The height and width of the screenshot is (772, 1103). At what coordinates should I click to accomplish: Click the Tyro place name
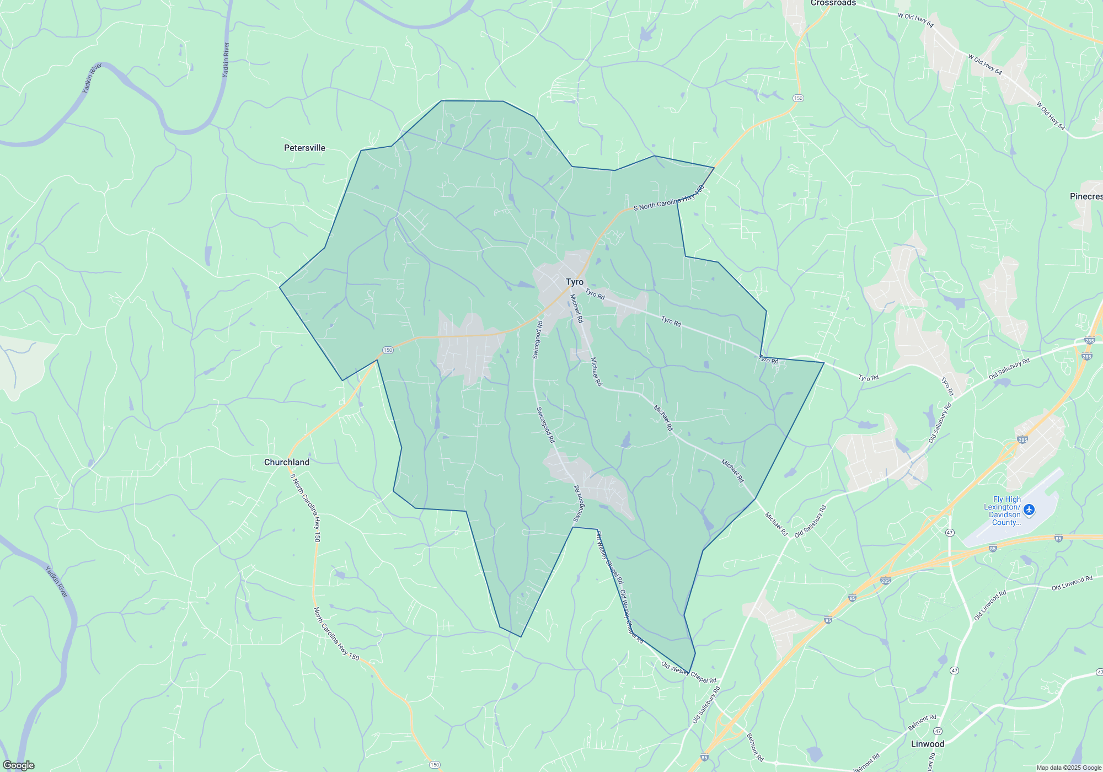[574, 282]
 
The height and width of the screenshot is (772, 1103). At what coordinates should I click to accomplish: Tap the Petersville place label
[304, 148]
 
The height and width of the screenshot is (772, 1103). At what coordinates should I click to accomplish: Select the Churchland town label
[286, 462]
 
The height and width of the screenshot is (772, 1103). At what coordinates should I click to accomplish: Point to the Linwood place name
[927, 744]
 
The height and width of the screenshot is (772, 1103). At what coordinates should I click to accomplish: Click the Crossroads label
[833, 3]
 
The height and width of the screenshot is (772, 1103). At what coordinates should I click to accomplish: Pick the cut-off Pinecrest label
[1086, 196]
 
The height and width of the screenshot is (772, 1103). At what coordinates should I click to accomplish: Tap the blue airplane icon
[1029, 509]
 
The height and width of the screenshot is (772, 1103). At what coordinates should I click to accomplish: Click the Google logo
[19, 765]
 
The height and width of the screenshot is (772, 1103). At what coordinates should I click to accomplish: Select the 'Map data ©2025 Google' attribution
[1069, 768]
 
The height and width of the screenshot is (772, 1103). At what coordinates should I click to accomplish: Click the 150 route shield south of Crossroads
[798, 98]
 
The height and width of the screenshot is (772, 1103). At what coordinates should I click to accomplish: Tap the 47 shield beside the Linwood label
[938, 731]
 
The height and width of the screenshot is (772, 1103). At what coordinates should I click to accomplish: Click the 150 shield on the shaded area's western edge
[388, 350]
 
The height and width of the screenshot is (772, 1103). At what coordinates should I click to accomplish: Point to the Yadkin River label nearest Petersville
[225, 60]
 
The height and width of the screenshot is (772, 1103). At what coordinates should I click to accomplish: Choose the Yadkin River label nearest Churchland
[56, 581]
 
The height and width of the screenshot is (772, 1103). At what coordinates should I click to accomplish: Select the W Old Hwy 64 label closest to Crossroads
[915, 21]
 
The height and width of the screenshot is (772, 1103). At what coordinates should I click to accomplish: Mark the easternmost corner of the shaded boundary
[823, 363]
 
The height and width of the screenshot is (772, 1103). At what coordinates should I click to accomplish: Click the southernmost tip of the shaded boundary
[689, 673]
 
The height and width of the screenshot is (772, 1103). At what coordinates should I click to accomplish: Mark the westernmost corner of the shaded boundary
[280, 287]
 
